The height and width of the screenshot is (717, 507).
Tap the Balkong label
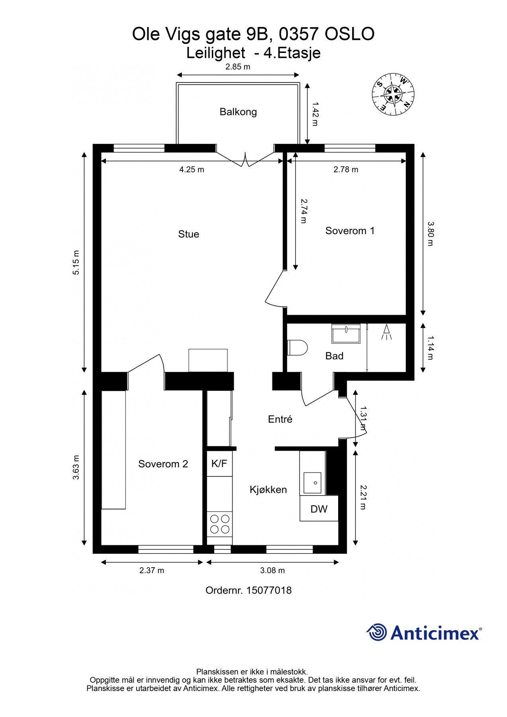coord(238,112)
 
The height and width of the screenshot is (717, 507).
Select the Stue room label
coord(188,234)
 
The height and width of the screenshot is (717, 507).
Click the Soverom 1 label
coord(350,231)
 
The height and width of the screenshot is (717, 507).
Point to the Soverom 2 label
coord(163,464)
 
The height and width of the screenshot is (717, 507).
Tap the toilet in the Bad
coord(298,347)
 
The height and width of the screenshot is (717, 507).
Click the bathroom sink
coord(346,333)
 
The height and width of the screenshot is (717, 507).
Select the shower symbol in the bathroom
coord(386,332)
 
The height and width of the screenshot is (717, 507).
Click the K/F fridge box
coord(219,463)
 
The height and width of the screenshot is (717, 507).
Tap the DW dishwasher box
coord(319,509)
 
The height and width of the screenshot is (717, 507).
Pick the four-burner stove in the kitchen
coord(220,524)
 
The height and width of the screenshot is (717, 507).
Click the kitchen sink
coord(313,483)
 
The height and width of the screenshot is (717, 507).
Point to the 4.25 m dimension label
coord(192,170)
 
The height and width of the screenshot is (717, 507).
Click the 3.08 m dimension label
coord(272,570)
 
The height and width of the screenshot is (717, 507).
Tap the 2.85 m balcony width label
coord(238,67)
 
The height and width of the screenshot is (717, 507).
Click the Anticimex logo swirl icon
coord(377,633)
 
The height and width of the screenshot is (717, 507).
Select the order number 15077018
coord(269,590)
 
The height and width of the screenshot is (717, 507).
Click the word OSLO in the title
coord(350,34)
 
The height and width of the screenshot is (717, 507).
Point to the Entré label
coord(280,419)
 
